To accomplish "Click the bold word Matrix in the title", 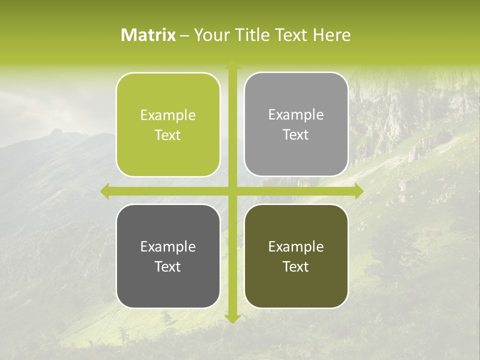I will click(x=148, y=35).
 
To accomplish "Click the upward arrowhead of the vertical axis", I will click(x=232, y=65).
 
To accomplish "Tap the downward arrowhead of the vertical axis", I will click(x=232, y=318).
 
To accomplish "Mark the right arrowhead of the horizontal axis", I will click(x=359, y=191).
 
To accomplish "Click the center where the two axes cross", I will click(x=232, y=191).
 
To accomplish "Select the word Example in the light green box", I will click(x=168, y=115).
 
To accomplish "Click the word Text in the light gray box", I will click(x=296, y=135).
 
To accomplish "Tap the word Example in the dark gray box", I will click(x=168, y=247).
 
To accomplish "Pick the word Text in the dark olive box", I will click(x=296, y=266).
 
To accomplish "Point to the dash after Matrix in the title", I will click(x=184, y=35).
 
